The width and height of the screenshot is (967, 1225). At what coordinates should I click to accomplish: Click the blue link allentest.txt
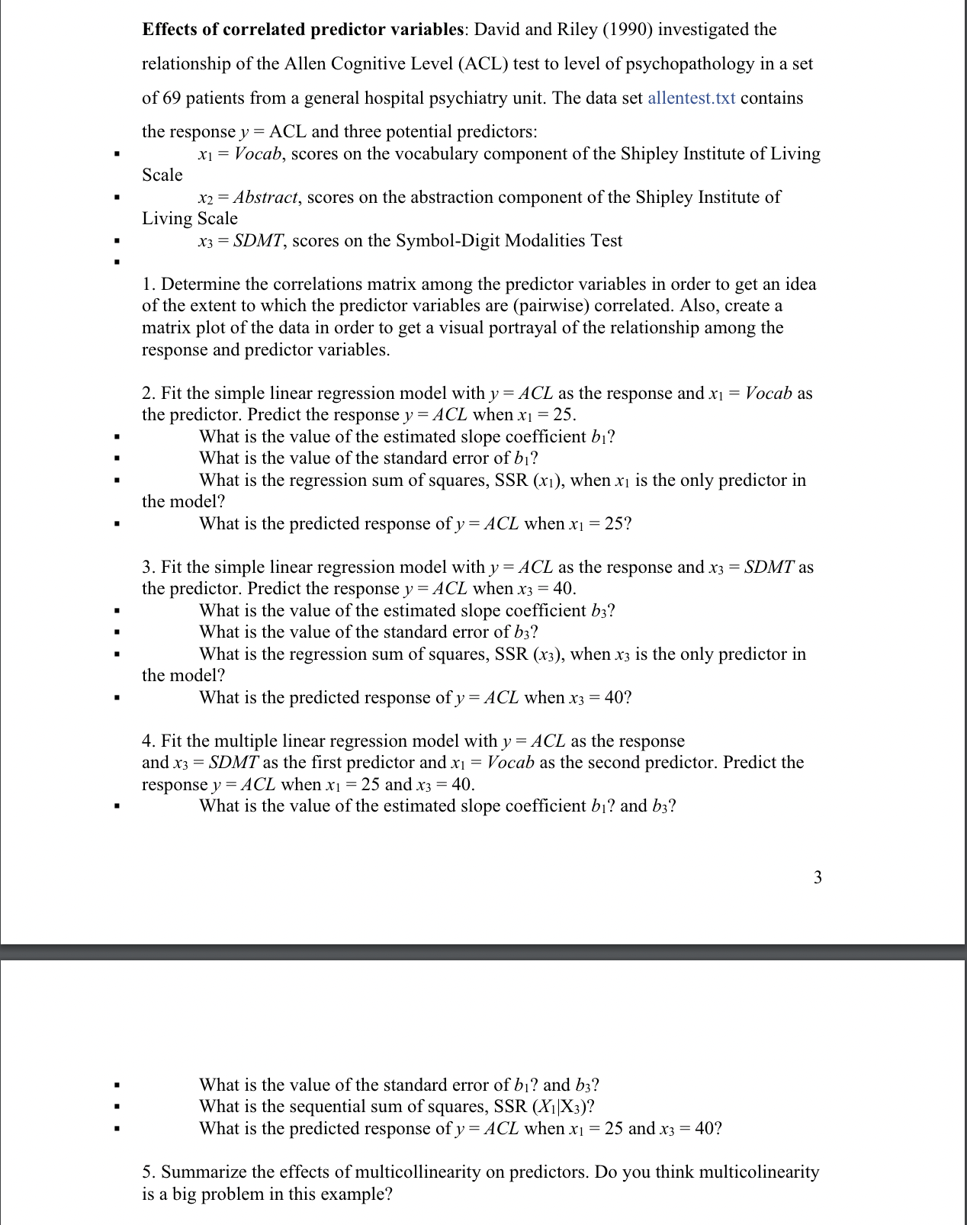click(x=691, y=98)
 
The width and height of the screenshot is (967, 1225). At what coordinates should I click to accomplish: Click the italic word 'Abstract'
click(x=265, y=197)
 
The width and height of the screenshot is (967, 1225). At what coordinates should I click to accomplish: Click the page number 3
click(x=818, y=877)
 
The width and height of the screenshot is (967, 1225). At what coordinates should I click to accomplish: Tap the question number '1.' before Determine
click(x=149, y=284)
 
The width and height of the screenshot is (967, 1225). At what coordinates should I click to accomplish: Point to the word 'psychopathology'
click(x=689, y=63)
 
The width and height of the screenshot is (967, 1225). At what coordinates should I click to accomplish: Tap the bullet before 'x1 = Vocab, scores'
click(x=116, y=154)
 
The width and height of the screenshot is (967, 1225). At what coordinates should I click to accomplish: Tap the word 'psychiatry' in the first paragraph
click(x=457, y=98)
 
